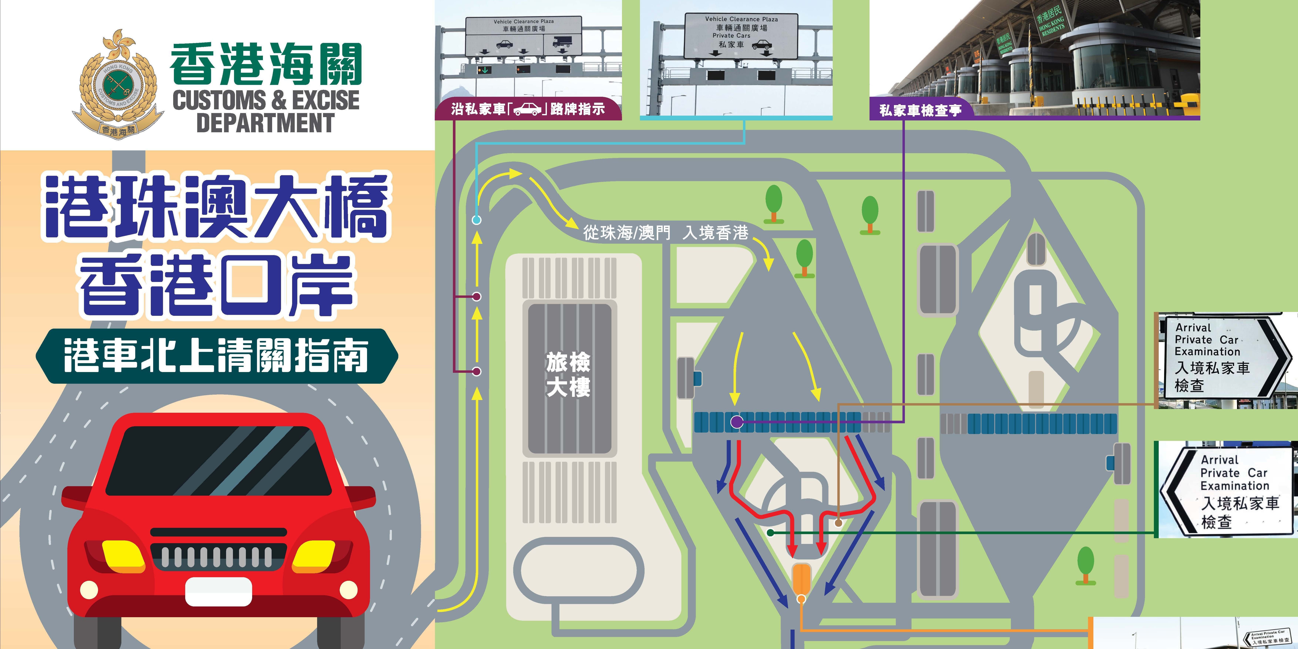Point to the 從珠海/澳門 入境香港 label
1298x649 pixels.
coord(665,233)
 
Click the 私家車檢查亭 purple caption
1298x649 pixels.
coord(920,110)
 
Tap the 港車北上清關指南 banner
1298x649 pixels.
coord(217,356)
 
